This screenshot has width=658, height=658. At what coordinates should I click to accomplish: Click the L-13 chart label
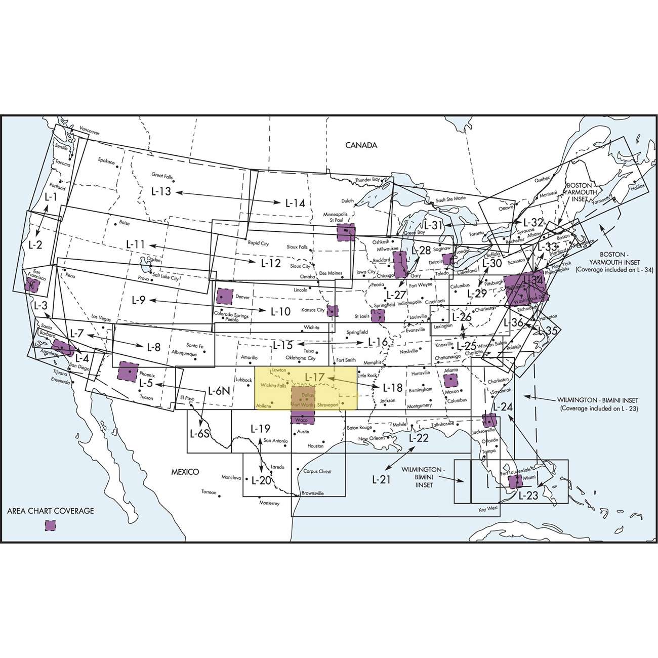coord(161,192)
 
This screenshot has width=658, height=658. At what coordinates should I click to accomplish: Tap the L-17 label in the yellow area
coord(314,377)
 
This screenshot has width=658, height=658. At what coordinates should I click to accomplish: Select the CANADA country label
coord(361,145)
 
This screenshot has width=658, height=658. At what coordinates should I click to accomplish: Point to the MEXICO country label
coord(184,471)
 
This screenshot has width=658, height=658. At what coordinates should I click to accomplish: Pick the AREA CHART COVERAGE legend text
coord(51,511)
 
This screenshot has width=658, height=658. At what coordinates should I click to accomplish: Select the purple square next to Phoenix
coord(128,372)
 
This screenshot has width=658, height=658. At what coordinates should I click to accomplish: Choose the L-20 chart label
coord(261,480)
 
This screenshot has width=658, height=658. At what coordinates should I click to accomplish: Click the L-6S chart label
coord(199,434)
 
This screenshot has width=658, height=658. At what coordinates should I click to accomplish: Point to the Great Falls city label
coord(162,176)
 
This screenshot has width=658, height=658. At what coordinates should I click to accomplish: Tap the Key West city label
coord(488,509)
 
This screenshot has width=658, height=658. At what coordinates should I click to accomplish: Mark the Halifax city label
coord(638,187)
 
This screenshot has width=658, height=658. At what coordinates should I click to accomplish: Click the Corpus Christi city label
coord(317,471)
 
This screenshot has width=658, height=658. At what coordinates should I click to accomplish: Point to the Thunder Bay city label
coord(367,180)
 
